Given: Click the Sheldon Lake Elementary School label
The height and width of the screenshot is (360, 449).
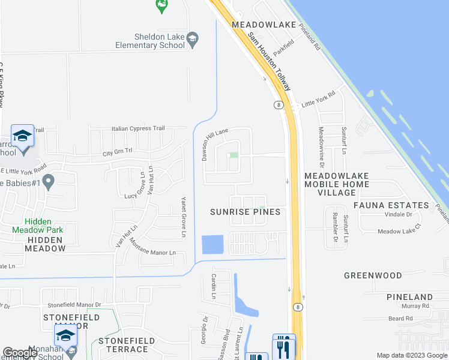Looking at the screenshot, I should [151, 41].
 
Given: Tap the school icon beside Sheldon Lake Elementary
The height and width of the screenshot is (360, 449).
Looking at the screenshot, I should [192, 40].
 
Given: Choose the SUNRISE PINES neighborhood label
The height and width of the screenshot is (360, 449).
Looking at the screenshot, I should [246, 212].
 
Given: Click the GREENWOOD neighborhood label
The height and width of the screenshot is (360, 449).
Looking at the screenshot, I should [373, 275].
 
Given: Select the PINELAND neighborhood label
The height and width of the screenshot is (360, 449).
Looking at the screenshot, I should [409, 297].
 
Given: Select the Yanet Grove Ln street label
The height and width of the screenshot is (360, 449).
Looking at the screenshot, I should [184, 217].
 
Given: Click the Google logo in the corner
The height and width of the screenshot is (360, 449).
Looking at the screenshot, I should [19, 353].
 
